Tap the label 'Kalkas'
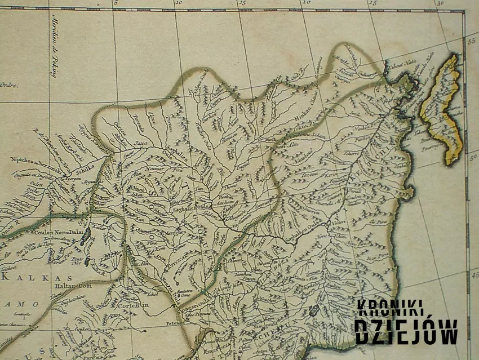point(37,278)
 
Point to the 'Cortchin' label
point(132,305)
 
